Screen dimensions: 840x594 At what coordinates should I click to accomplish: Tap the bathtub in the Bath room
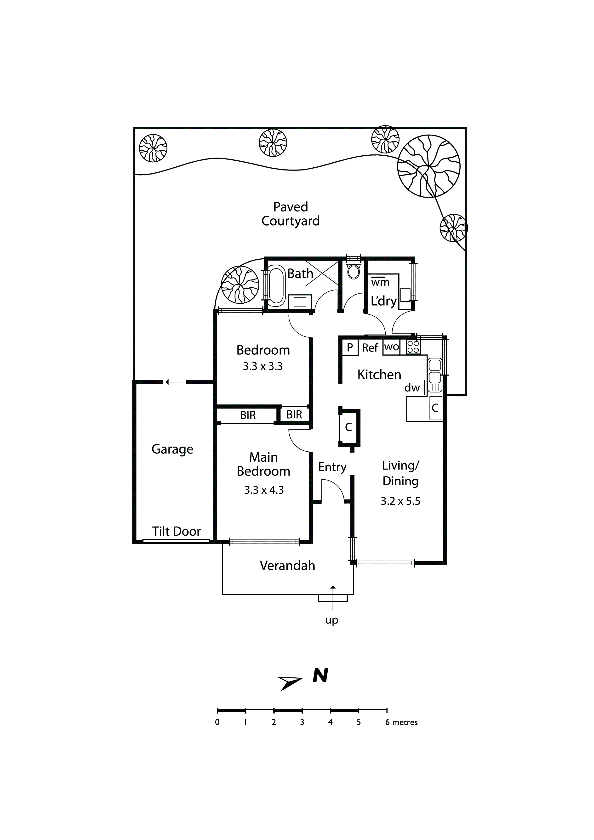click(277, 288)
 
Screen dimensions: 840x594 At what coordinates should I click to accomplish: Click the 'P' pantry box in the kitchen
click(350, 347)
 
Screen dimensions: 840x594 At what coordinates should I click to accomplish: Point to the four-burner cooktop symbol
click(413, 347)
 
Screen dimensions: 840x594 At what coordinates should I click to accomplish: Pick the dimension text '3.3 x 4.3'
click(264, 490)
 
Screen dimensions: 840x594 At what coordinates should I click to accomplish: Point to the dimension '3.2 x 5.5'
click(400, 501)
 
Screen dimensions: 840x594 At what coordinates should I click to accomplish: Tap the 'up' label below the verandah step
click(331, 620)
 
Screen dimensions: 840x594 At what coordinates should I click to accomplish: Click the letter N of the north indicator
click(320, 676)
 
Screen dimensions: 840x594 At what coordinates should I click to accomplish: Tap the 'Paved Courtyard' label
click(291, 214)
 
